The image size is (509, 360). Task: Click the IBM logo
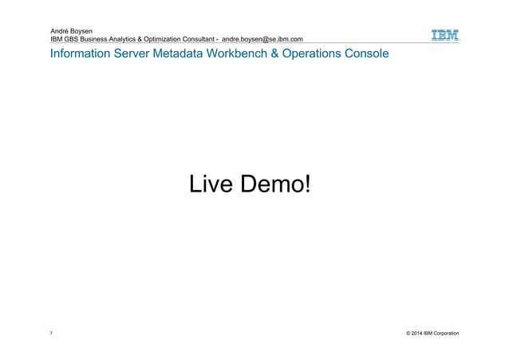tap(445, 36)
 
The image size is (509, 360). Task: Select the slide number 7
tap(51, 332)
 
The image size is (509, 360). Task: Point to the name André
tap(61, 30)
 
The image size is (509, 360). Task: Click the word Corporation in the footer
tap(444, 332)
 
